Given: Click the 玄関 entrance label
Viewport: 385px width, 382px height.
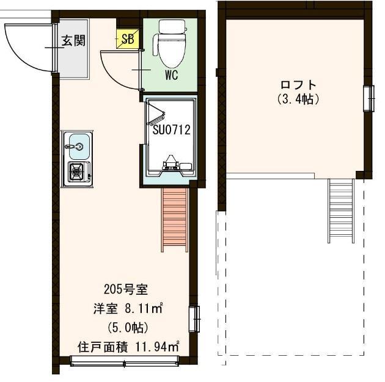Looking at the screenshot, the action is (73, 40).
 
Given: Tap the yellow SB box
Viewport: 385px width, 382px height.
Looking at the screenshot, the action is (128, 38).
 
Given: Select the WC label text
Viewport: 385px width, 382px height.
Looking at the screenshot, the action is (171, 75).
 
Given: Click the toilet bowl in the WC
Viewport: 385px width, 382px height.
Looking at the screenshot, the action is (172, 51).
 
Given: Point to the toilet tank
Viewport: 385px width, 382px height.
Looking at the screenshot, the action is (172, 26).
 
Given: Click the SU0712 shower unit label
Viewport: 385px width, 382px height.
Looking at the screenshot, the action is (171, 130).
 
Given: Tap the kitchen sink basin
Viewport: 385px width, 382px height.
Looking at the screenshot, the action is (79, 146).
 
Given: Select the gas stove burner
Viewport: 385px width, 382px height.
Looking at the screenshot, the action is (76, 171).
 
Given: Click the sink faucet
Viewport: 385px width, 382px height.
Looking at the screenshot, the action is (74, 146).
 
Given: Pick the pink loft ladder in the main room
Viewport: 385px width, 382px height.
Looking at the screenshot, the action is (175, 220).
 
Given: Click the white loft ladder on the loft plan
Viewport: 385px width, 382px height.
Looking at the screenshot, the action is (341, 211).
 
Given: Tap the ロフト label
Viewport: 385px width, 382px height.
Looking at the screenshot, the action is (298, 85).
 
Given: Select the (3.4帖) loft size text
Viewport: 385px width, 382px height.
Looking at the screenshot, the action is (298, 99).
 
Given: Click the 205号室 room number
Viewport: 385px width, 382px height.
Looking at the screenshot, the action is (126, 290).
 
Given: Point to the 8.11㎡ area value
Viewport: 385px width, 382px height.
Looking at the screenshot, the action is (144, 308).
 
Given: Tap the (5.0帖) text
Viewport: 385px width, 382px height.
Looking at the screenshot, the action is (128, 327).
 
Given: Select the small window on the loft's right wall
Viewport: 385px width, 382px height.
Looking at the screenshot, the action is (369, 99).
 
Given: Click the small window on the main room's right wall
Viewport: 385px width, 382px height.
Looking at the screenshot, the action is (194, 319).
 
